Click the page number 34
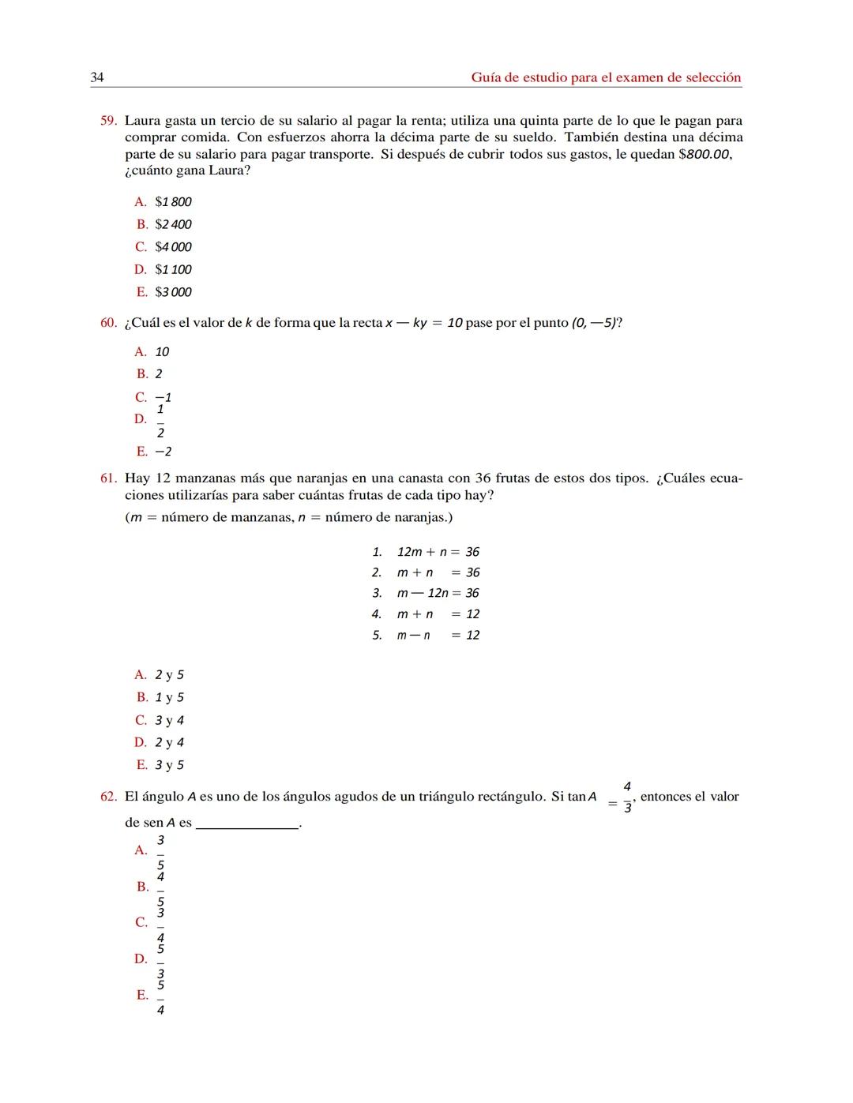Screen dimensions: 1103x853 coord(97,77)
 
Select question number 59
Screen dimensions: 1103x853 coord(108,121)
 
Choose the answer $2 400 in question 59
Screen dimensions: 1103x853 coord(173,224)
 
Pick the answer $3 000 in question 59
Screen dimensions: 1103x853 coord(173,292)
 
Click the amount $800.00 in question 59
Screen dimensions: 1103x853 coord(705,154)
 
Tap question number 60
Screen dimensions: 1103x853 coord(108,323)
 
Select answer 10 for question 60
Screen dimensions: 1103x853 coord(162,352)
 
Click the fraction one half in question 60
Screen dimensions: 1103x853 coord(160,420)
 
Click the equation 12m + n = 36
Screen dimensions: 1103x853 coord(438,552)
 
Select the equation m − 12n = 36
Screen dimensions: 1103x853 coord(438,593)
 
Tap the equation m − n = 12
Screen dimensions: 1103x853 coord(438,635)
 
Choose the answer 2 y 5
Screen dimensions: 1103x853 coord(169,675)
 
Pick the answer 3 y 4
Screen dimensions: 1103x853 coord(169,720)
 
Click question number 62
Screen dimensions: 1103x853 coord(108,797)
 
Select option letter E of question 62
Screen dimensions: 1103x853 coord(142,995)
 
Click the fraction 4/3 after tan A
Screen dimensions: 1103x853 coord(627,797)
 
